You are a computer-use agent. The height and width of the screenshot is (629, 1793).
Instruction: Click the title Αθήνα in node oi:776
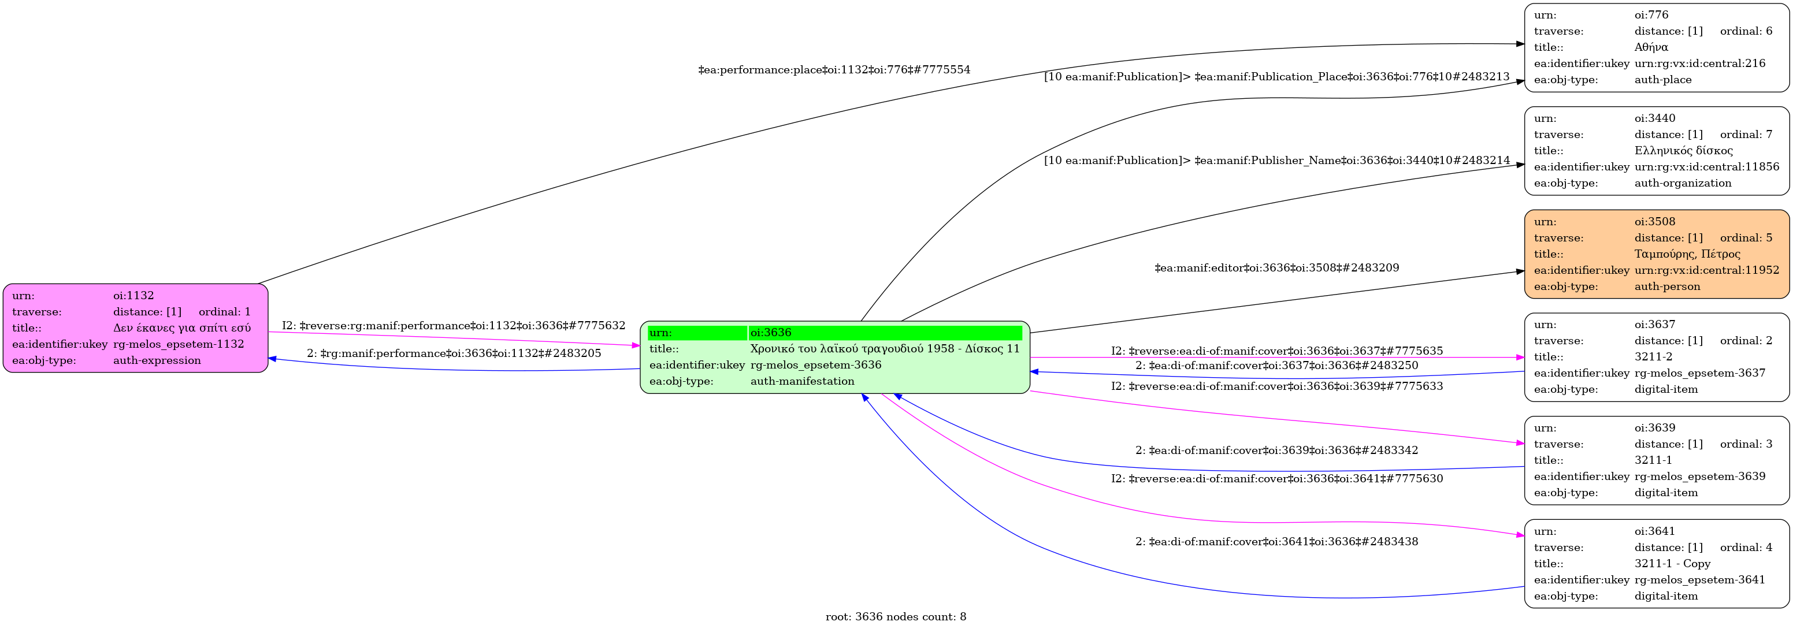click(1651, 47)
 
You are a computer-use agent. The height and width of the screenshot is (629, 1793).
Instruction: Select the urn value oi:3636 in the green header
click(770, 333)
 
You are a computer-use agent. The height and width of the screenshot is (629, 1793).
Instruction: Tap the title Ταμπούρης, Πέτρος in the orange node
click(1687, 254)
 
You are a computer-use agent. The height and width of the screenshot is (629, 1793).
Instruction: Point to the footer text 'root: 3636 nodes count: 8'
click(896, 616)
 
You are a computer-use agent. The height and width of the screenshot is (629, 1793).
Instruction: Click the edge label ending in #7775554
click(834, 70)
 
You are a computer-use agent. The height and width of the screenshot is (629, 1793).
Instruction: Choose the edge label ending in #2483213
click(1276, 77)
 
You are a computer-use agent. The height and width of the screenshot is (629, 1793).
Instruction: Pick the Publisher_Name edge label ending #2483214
click(1276, 161)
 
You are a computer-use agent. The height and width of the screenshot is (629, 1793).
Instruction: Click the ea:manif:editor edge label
click(1276, 268)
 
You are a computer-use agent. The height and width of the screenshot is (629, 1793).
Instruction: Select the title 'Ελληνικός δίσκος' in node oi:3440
click(1683, 151)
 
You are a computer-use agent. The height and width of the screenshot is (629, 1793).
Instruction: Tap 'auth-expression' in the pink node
click(157, 360)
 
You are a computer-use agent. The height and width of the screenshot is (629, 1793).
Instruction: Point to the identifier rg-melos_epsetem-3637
click(1700, 373)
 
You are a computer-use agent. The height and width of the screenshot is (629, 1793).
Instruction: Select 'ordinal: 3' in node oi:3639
click(1746, 444)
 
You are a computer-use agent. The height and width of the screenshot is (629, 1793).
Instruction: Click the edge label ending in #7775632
click(453, 326)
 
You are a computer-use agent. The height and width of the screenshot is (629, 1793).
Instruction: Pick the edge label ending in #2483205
click(454, 353)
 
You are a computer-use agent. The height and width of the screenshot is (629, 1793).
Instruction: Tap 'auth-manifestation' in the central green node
click(802, 381)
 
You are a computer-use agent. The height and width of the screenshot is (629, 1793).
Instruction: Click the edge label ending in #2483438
click(1276, 541)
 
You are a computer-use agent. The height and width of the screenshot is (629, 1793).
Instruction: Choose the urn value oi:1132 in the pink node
click(133, 296)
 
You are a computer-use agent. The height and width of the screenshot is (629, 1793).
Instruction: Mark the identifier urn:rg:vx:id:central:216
click(1700, 64)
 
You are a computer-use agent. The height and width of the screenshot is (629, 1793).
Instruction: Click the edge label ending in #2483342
click(1276, 450)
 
